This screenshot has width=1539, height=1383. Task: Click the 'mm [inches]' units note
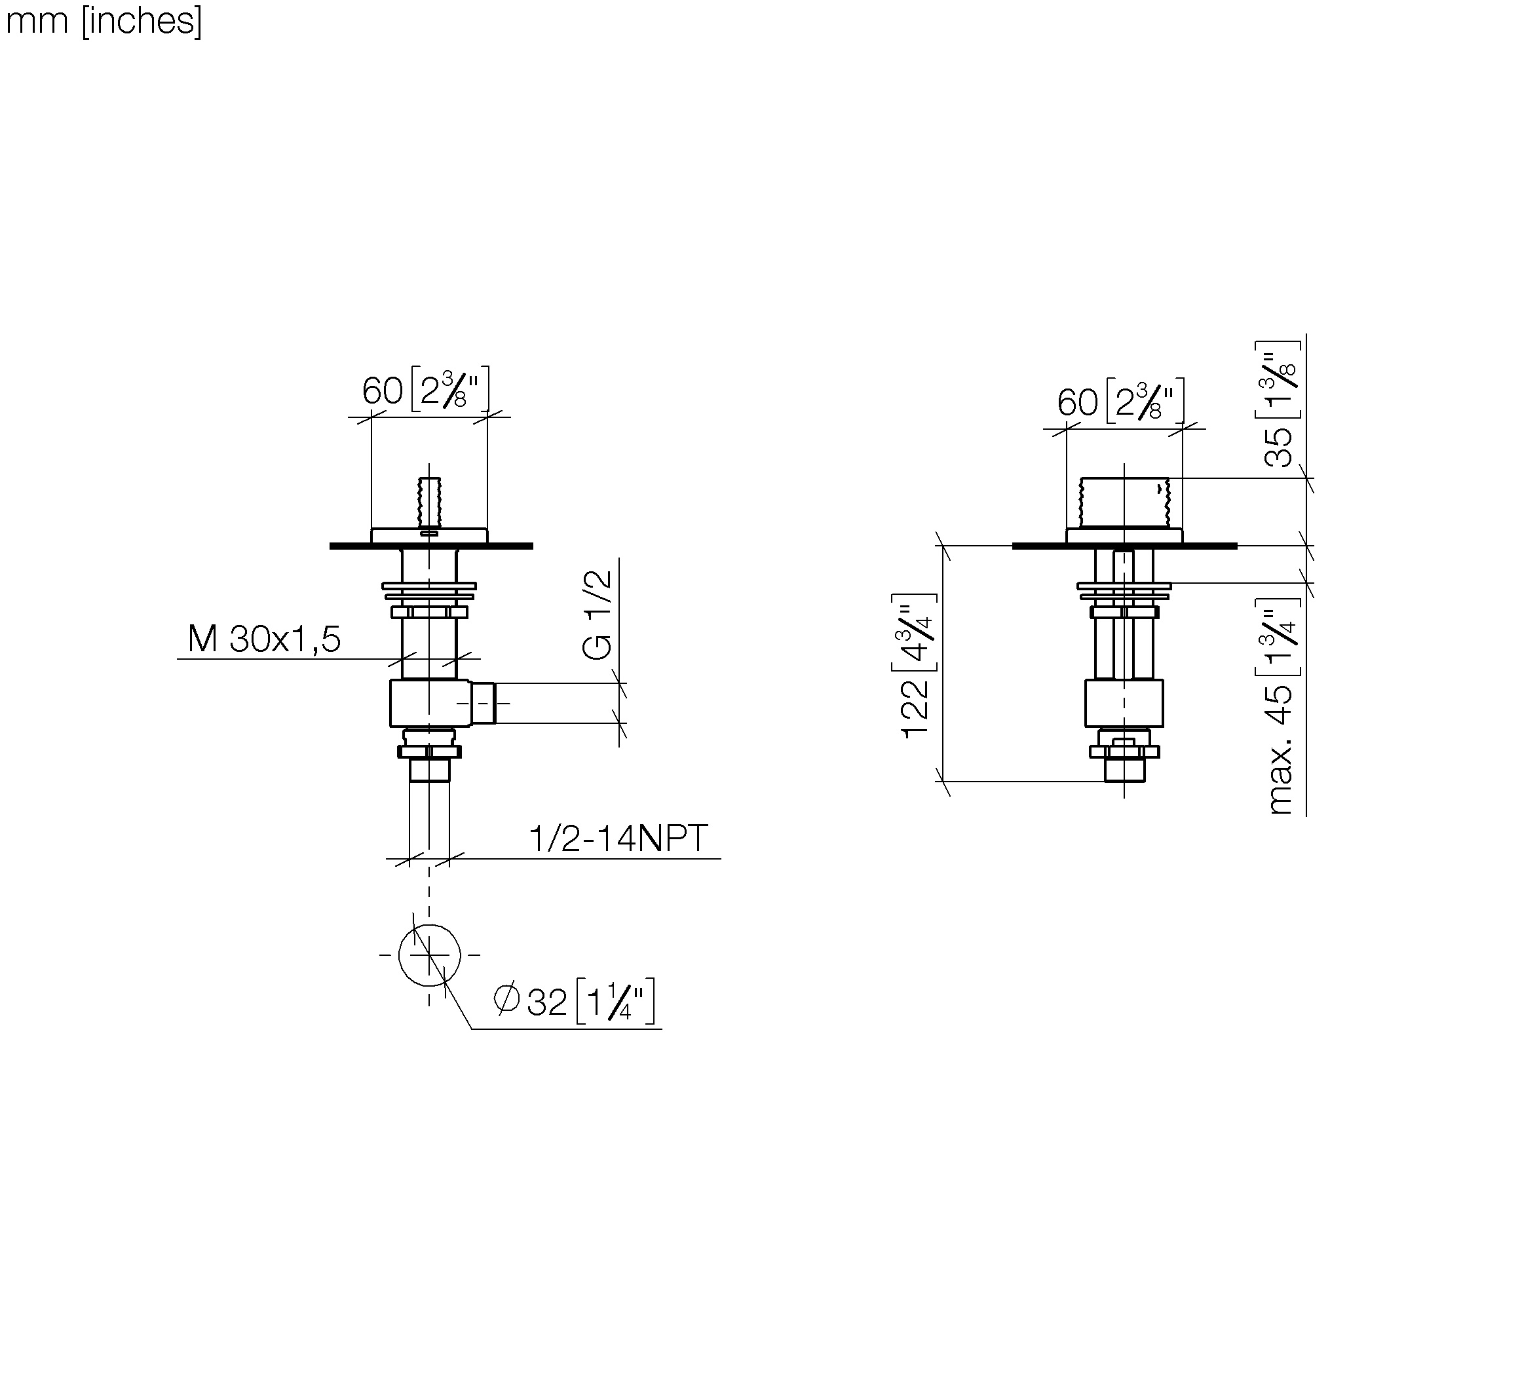click(x=104, y=21)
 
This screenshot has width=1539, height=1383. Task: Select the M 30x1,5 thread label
click(x=264, y=639)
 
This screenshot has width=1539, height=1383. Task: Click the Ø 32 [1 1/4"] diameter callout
click(x=574, y=1002)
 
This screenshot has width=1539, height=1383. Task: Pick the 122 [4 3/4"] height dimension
click(x=915, y=665)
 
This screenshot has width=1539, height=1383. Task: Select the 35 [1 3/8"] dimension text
click(x=1278, y=404)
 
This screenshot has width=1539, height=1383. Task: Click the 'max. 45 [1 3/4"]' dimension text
click(x=1278, y=707)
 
